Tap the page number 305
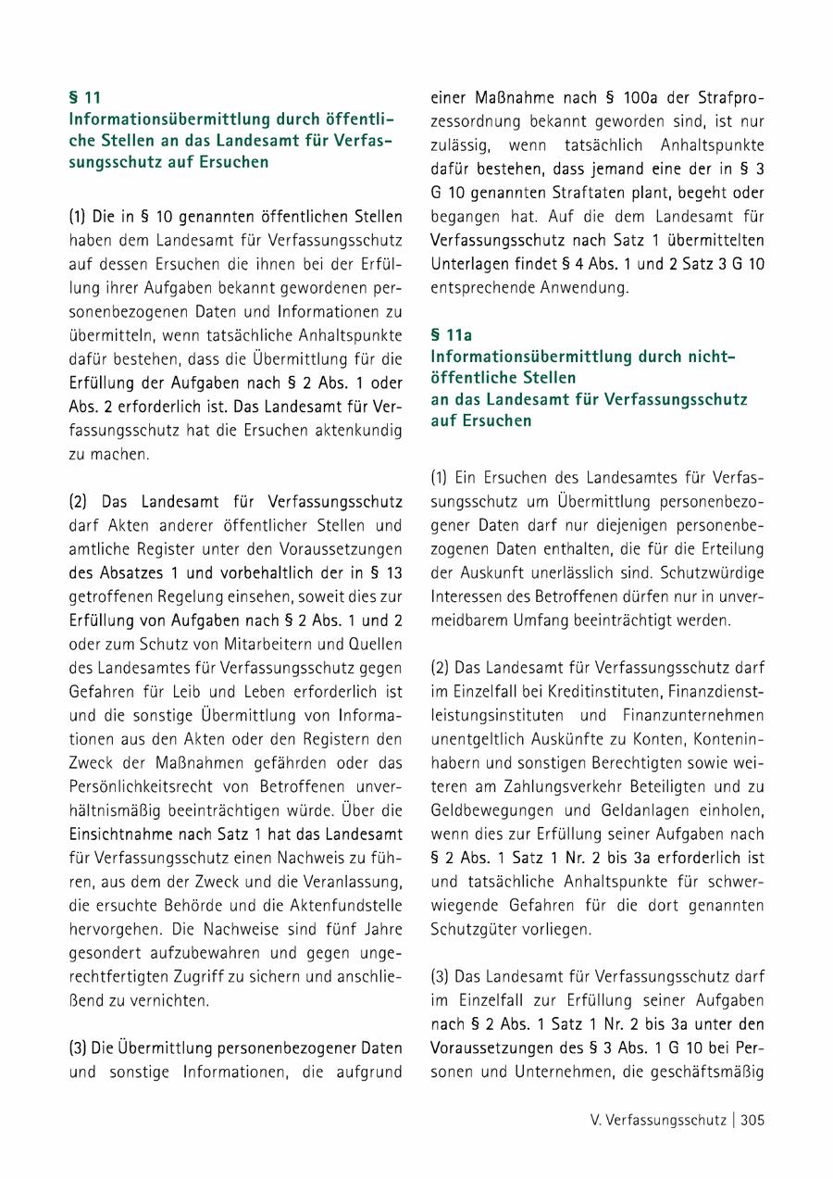[x=752, y=1120]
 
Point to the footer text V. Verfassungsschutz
[x=657, y=1120]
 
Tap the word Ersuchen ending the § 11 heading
[x=236, y=162]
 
